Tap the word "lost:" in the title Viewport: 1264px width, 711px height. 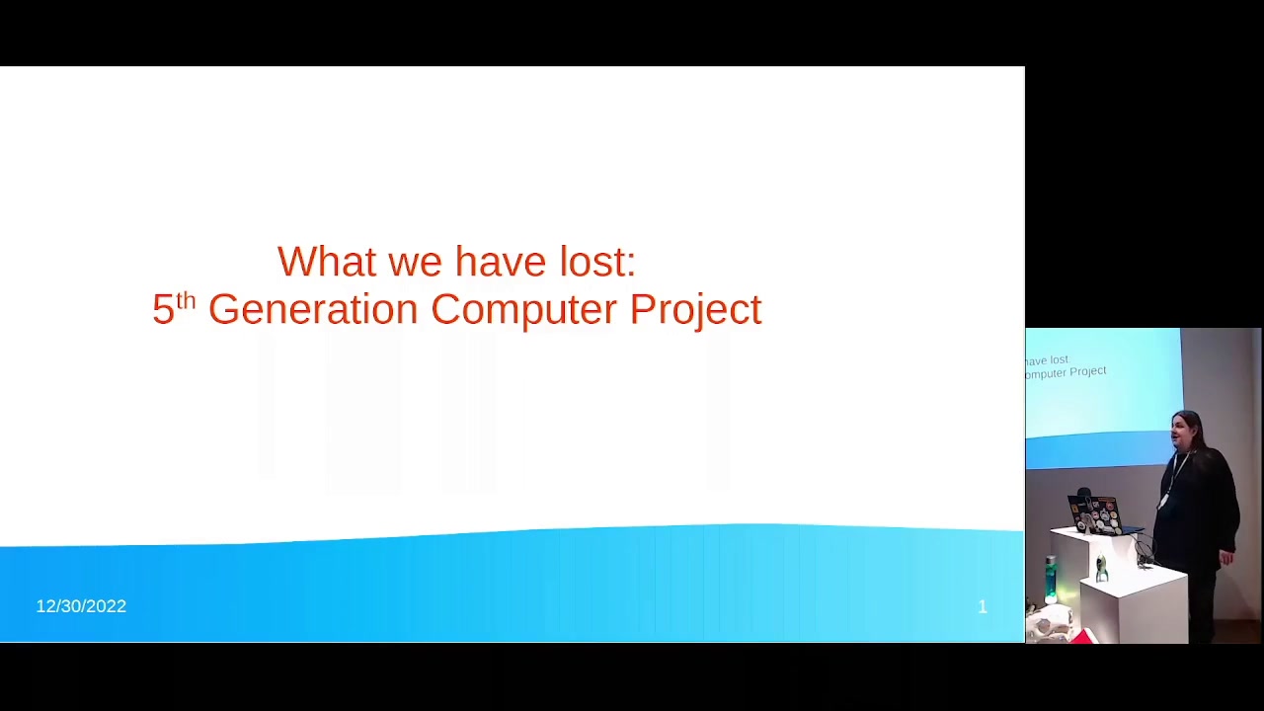[597, 262]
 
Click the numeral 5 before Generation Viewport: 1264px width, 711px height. [163, 309]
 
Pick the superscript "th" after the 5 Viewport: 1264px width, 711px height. [186, 301]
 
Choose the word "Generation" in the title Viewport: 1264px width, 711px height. [313, 309]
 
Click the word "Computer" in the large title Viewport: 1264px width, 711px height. [524, 311]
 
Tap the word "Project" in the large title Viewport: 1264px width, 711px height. [696, 311]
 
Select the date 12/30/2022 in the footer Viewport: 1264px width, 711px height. [81, 606]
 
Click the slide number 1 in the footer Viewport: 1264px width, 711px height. [983, 606]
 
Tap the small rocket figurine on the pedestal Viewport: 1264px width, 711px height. [1101, 567]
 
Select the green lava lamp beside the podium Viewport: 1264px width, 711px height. [1050, 580]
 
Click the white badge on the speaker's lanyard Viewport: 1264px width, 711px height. [1162, 501]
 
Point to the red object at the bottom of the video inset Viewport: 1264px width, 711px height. [1079, 637]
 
